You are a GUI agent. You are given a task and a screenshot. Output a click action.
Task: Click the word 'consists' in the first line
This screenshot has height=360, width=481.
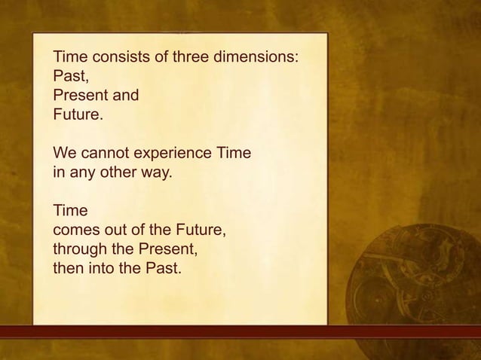pos(114,57)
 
